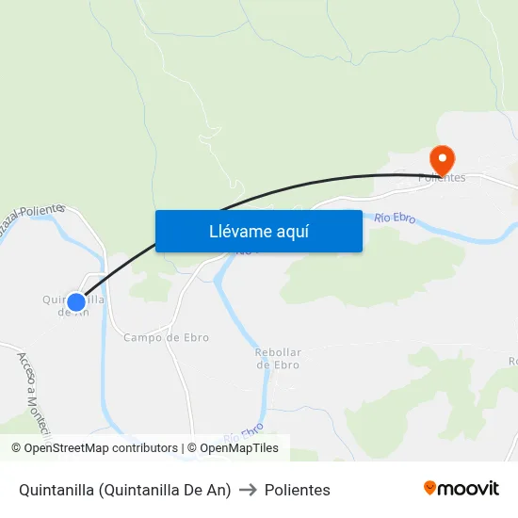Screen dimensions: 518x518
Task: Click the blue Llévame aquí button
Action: [x=258, y=231]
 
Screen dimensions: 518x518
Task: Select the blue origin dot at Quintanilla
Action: [x=76, y=302]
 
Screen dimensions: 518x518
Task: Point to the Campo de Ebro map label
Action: [x=166, y=337]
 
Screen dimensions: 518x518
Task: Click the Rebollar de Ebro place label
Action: [x=277, y=359]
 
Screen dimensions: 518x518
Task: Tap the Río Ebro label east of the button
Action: [x=395, y=219]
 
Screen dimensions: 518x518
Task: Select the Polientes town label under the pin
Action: [x=442, y=178]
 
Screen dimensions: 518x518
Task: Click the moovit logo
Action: [x=461, y=489]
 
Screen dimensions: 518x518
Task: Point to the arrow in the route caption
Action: [x=248, y=490]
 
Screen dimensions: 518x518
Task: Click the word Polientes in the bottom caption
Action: [x=298, y=490]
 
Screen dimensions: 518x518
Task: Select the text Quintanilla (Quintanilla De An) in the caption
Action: [x=124, y=490]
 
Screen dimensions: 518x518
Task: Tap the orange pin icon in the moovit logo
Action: [x=430, y=488]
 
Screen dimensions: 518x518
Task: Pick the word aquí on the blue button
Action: [x=293, y=231]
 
